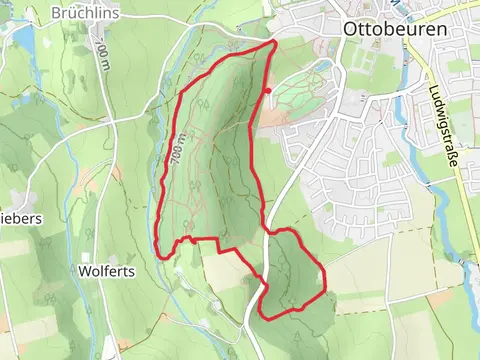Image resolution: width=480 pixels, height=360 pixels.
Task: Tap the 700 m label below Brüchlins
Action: (x=104, y=47)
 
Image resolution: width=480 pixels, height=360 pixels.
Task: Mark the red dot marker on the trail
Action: (x=267, y=91)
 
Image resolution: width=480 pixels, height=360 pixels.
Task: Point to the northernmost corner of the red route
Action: (x=274, y=43)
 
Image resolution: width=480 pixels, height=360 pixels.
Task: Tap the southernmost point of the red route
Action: (x=264, y=316)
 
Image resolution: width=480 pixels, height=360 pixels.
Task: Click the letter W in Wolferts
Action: (x=84, y=270)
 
